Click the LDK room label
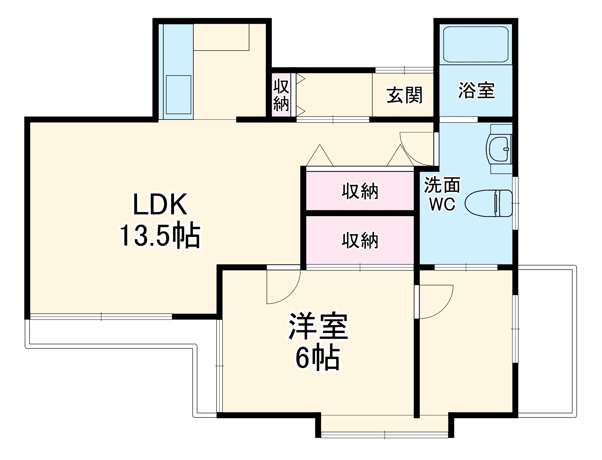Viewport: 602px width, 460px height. [x=160, y=204]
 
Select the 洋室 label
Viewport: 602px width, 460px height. [x=318, y=327]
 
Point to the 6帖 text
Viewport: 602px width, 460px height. [x=318, y=358]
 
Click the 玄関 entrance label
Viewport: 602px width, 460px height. [x=404, y=95]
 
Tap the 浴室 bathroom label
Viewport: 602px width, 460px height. [x=476, y=90]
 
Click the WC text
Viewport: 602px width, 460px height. [x=442, y=204]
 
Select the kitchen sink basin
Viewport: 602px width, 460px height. [x=178, y=95]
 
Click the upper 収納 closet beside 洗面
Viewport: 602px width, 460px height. [x=360, y=191]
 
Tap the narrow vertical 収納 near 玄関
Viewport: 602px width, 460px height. [x=281, y=95]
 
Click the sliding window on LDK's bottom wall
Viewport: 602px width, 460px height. [x=101, y=316]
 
